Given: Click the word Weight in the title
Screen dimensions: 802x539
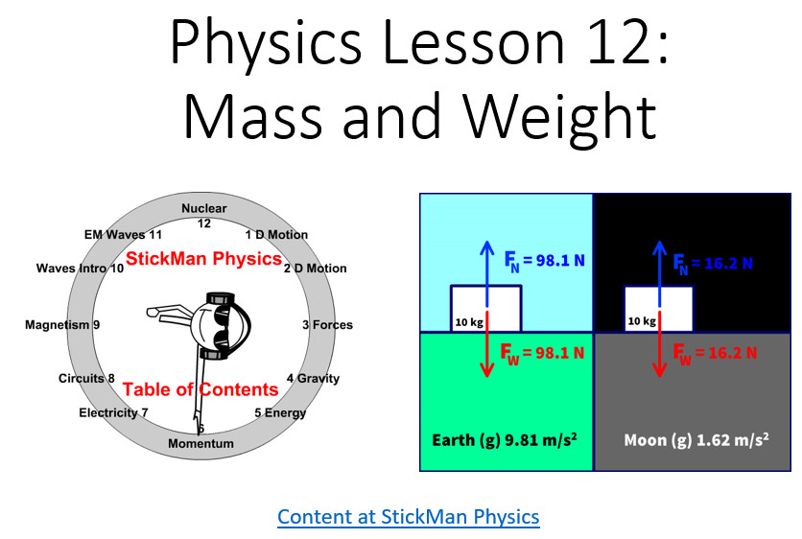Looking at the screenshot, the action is point(560,118).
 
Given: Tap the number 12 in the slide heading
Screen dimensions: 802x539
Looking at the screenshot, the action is point(621,43).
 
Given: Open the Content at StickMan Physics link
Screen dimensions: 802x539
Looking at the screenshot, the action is point(408,517).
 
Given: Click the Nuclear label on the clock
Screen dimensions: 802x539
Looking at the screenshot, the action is point(204,208).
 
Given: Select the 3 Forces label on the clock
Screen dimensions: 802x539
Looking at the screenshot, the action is point(327,325).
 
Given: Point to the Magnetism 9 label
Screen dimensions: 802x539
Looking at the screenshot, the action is point(62,325).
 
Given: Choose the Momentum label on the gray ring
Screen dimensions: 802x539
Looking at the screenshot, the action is point(201,443).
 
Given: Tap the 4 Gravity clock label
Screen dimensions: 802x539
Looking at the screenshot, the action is point(313,379).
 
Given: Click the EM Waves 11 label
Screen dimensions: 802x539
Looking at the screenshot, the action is point(123,235).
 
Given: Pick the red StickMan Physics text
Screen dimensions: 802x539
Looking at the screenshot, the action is point(204,259).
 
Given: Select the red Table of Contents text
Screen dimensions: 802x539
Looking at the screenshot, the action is point(200,389).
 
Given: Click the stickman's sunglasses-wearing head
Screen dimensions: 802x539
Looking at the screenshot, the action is point(220,326).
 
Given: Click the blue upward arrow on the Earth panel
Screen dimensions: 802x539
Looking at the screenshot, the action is point(487,273).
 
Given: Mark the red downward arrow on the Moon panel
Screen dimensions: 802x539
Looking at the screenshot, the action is point(660,344).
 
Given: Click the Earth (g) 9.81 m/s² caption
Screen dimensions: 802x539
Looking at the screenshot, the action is point(505,440).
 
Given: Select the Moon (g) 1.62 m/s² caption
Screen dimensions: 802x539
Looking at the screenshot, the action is point(696,440).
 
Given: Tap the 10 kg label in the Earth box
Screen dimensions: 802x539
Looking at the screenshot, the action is point(469,322).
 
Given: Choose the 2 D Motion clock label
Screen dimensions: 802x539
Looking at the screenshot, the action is point(316,269).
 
